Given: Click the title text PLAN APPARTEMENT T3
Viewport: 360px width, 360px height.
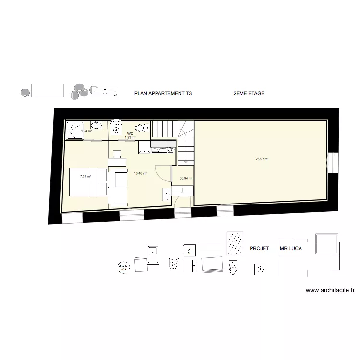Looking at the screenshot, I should tap(163, 94).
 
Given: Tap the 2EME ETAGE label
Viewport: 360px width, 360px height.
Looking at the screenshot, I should tap(248, 94).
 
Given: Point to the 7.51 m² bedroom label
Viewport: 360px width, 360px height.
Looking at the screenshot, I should tap(85, 176).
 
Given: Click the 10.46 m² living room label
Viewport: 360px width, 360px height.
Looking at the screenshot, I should tap(140, 173).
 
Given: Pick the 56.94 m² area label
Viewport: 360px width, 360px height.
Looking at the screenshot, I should tap(186, 178).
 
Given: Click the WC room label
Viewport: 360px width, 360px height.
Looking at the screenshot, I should tap(130, 133).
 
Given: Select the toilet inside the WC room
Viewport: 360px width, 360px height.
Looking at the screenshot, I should tap(142, 128).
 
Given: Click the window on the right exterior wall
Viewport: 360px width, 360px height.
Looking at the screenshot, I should tap(331, 165).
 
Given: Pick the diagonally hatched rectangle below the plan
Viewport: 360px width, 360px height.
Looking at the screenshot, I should tap(235, 244).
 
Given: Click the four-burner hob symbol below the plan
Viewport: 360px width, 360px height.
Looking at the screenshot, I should tap(174, 264).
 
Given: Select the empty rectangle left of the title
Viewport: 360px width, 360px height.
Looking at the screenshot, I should tap(47, 90).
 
